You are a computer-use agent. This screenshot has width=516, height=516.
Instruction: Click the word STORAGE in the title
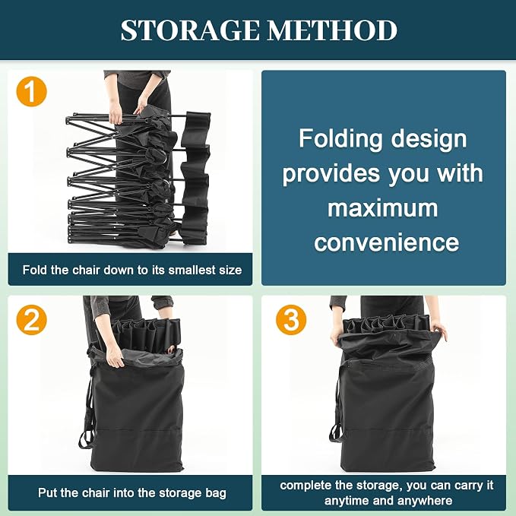[190, 30]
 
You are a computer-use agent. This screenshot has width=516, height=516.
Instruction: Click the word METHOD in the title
[332, 30]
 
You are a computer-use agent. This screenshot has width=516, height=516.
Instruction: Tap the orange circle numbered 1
[32, 91]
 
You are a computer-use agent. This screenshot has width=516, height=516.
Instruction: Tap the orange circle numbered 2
[32, 320]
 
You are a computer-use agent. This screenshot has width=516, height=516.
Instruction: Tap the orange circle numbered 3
[291, 320]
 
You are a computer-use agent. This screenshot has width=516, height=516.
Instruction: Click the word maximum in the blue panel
[383, 208]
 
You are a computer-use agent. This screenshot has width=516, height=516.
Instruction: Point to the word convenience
[386, 242]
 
